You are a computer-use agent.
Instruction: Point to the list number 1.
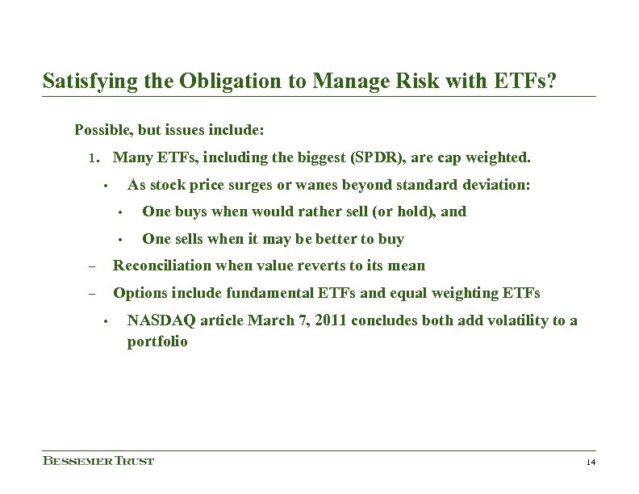(x=93, y=157)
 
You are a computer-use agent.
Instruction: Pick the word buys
(x=183, y=211)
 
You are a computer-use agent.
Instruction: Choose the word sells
(x=184, y=239)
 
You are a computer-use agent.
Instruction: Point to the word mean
(x=409, y=266)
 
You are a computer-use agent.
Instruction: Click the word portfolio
(x=157, y=341)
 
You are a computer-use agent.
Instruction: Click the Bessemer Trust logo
(x=98, y=461)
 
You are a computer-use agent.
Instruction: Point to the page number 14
(x=590, y=462)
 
